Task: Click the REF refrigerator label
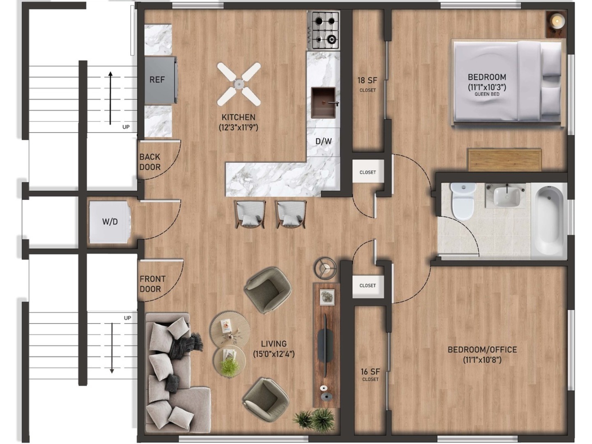[157, 79]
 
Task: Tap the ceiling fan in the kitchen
[239, 84]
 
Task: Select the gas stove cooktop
[324, 30]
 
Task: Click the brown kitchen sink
[324, 103]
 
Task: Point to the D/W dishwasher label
[324, 141]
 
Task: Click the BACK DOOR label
[150, 162]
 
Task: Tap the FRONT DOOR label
[153, 284]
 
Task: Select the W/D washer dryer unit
[110, 222]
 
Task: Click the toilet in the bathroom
[463, 201]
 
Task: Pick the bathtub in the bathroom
[549, 220]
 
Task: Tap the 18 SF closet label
[368, 80]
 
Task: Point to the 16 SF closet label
[370, 372]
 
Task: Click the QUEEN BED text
[487, 94]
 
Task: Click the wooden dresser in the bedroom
[504, 160]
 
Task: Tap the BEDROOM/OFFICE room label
[482, 349]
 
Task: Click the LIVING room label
[274, 344]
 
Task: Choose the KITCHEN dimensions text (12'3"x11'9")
[238, 127]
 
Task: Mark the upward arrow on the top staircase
[110, 98]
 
